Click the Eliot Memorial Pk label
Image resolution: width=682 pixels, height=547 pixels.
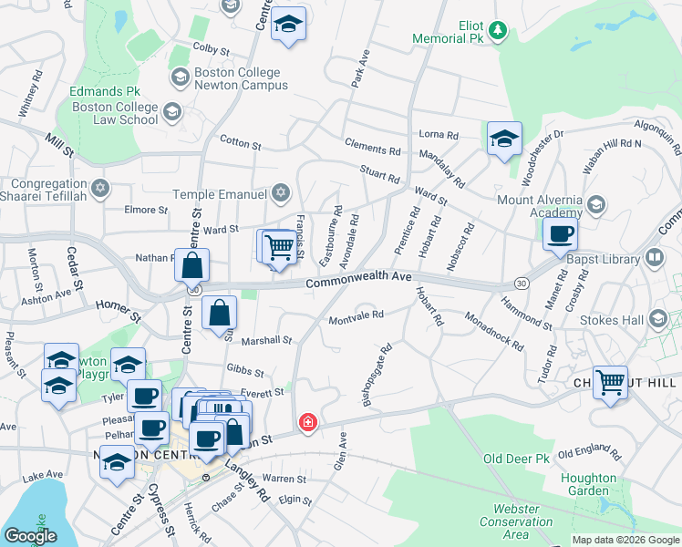(x=447, y=32)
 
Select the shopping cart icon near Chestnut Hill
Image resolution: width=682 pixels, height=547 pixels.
(x=610, y=381)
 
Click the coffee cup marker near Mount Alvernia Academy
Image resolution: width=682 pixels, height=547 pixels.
(x=560, y=234)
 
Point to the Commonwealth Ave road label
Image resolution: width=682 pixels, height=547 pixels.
(x=358, y=280)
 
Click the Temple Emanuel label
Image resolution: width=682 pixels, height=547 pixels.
(x=222, y=193)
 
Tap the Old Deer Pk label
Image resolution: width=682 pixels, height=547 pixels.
(x=515, y=458)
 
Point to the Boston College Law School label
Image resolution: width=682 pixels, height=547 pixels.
(x=115, y=113)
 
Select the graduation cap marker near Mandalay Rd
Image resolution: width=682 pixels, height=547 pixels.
(x=504, y=139)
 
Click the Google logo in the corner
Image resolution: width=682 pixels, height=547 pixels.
(x=30, y=536)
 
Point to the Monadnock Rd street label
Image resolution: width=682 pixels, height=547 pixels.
(x=493, y=333)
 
